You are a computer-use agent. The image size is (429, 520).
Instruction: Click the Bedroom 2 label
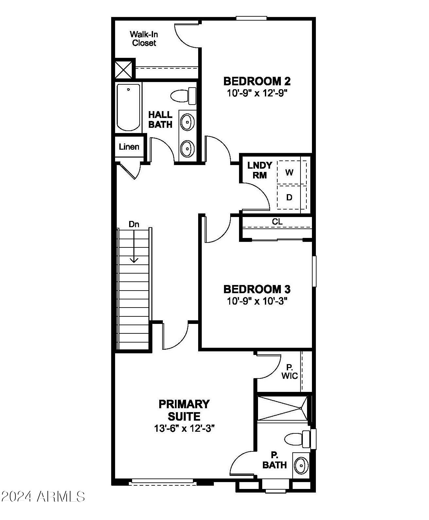(x=257, y=81)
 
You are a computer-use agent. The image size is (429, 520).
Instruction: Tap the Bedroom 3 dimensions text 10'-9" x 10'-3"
(x=257, y=301)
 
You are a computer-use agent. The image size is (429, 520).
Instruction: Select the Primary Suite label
(x=184, y=410)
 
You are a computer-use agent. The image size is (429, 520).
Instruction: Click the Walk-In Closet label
(x=144, y=39)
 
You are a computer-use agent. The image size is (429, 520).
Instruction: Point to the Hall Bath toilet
(x=183, y=95)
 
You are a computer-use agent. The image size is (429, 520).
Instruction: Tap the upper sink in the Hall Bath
(x=187, y=122)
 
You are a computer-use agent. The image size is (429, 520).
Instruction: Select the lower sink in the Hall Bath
(x=187, y=149)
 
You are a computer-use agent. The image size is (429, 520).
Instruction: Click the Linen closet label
(x=129, y=147)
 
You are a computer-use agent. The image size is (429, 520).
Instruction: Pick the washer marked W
(x=289, y=172)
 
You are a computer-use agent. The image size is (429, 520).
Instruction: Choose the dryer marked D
(x=289, y=197)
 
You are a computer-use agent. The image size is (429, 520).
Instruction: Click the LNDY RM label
(x=260, y=170)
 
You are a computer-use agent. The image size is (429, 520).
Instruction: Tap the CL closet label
(x=277, y=222)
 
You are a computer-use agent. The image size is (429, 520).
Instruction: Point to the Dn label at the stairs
(x=134, y=224)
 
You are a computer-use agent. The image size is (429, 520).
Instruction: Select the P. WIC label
(x=290, y=372)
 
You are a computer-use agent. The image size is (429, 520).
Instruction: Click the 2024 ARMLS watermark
(x=43, y=496)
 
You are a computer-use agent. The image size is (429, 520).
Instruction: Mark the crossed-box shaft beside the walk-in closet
(x=123, y=69)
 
